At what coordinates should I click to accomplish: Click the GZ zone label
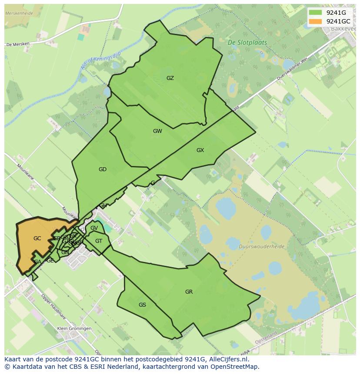click(x=170, y=78)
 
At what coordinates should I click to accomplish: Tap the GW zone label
click(x=157, y=131)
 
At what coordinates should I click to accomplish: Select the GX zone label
click(x=200, y=150)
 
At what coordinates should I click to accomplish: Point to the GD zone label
click(x=103, y=169)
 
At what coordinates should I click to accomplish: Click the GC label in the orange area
click(x=37, y=238)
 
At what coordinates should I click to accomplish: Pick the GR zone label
click(x=189, y=292)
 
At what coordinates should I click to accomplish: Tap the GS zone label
click(x=142, y=305)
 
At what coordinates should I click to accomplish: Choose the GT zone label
click(x=99, y=241)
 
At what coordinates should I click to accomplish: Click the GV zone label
click(x=94, y=228)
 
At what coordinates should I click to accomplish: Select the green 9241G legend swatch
click(x=315, y=13)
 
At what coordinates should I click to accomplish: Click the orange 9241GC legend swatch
click(x=315, y=21)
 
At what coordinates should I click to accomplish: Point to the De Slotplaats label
click(x=247, y=43)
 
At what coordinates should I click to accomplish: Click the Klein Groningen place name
click(x=74, y=328)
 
